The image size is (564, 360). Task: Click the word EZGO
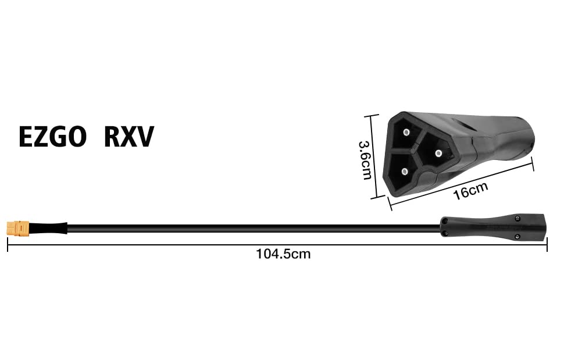pos(52,137)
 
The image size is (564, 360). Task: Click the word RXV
pos(128,137)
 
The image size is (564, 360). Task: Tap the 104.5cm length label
pos(283,254)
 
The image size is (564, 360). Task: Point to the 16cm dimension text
pos(470,190)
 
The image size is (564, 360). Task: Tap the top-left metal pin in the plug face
pos(406,132)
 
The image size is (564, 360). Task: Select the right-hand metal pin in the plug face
pos(438,154)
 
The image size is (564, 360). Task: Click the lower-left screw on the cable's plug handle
pos(445,234)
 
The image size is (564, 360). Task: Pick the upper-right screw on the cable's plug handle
pos(519,218)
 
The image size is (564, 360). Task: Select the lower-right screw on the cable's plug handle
pos(519,236)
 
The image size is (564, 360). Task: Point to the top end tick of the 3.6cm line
pos(373,115)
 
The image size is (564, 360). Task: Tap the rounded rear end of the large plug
pos(526,137)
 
